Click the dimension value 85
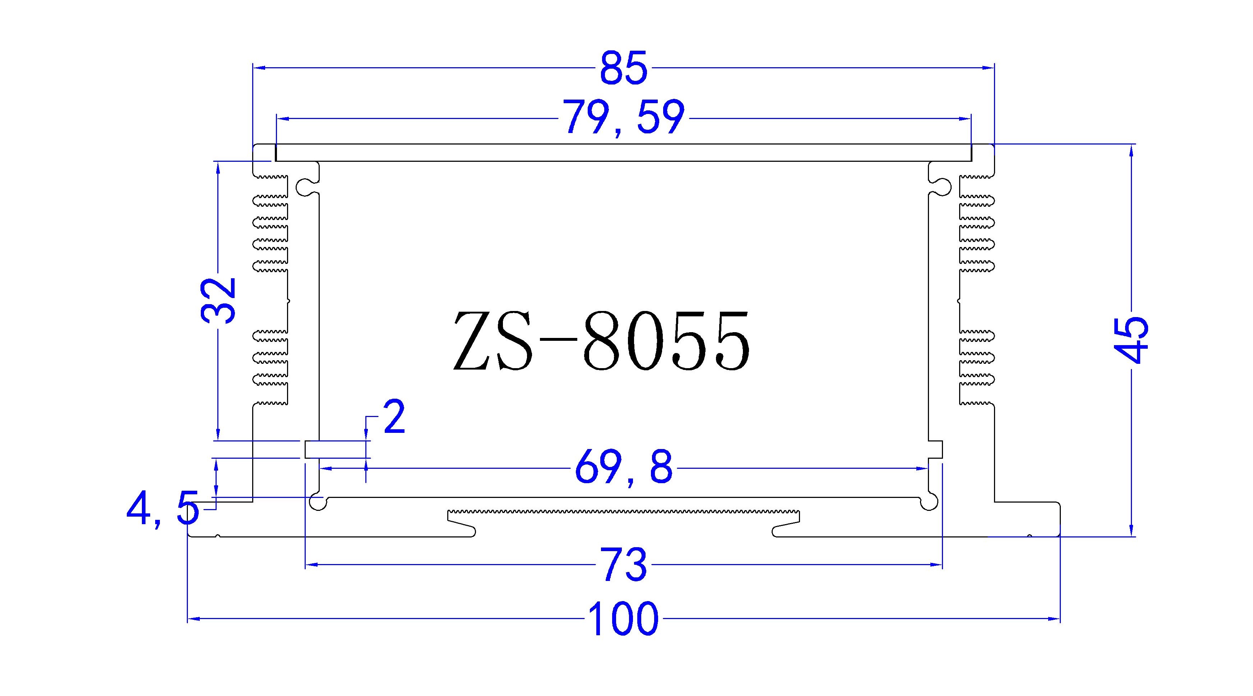pyautogui.click(x=624, y=68)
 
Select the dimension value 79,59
pyautogui.click(x=624, y=118)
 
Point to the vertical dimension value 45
pyautogui.click(x=1132, y=340)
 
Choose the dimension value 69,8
pyautogui.click(x=624, y=468)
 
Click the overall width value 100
pyautogui.click(x=624, y=619)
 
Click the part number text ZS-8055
pyautogui.click(x=601, y=341)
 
